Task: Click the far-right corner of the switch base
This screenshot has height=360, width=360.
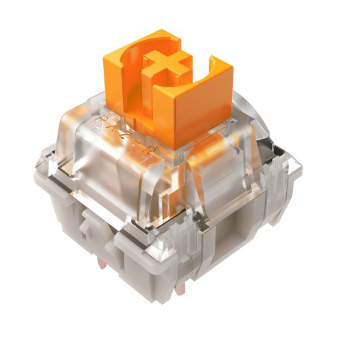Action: click(297, 174)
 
